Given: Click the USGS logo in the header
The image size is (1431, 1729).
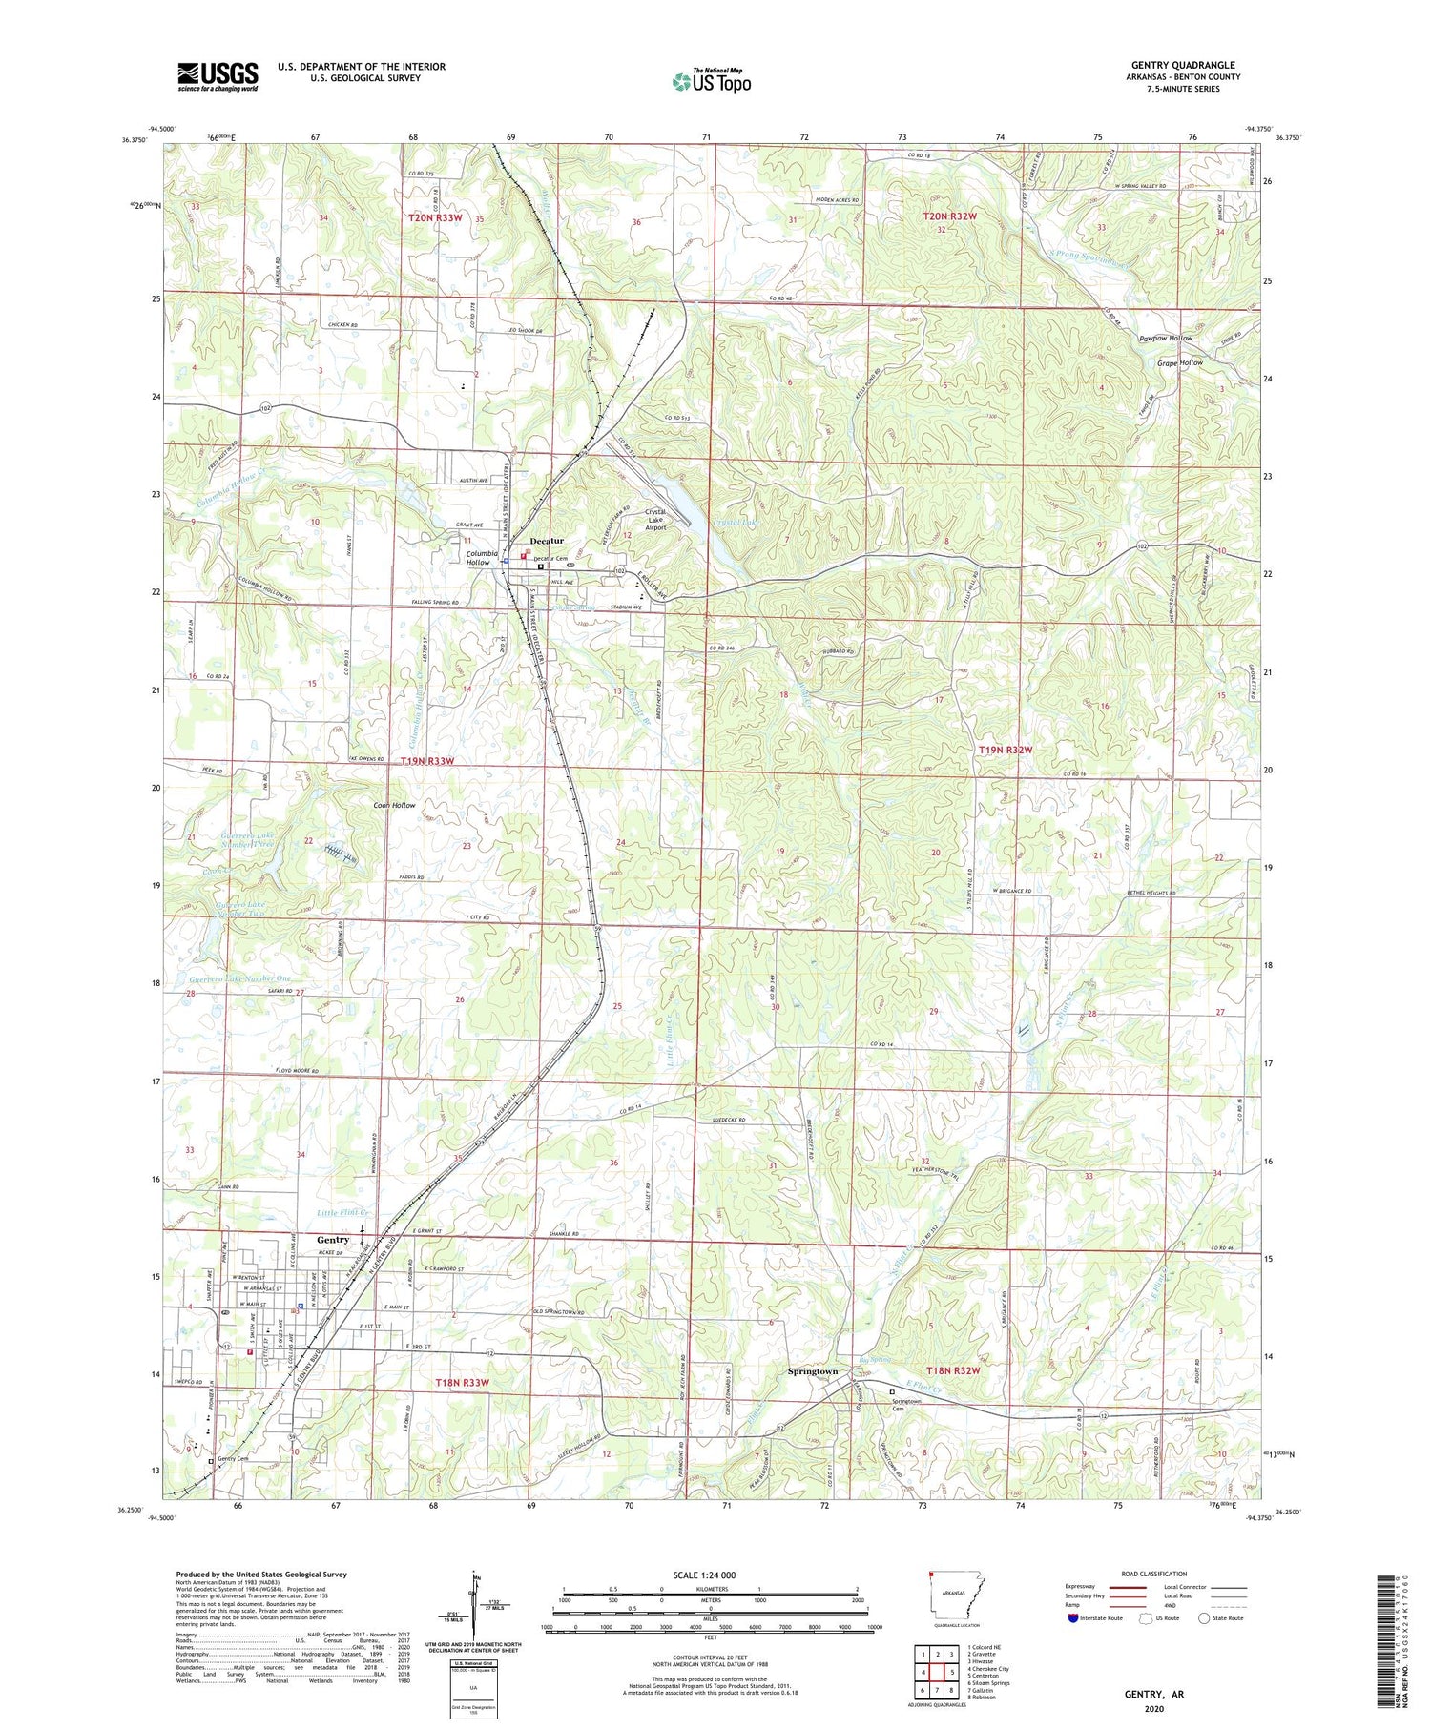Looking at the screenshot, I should (x=218, y=76).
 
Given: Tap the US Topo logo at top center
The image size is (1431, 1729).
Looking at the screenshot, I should (x=711, y=82).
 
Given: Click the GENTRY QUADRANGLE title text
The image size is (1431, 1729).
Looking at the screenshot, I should (x=1182, y=65).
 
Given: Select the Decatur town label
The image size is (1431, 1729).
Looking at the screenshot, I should (x=547, y=541).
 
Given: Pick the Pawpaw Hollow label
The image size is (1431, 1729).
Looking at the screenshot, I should (x=1165, y=339).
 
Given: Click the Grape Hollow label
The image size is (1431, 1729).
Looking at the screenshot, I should (x=1179, y=362).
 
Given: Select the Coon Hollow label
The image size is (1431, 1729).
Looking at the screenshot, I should (x=394, y=805).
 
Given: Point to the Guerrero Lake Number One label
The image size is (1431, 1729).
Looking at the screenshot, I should (x=240, y=979).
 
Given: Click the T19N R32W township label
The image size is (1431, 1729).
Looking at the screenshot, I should (x=1006, y=750).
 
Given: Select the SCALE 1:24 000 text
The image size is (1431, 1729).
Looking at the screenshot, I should (x=710, y=1575).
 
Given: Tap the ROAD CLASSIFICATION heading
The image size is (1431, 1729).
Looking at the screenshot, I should (x=1154, y=1574).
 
